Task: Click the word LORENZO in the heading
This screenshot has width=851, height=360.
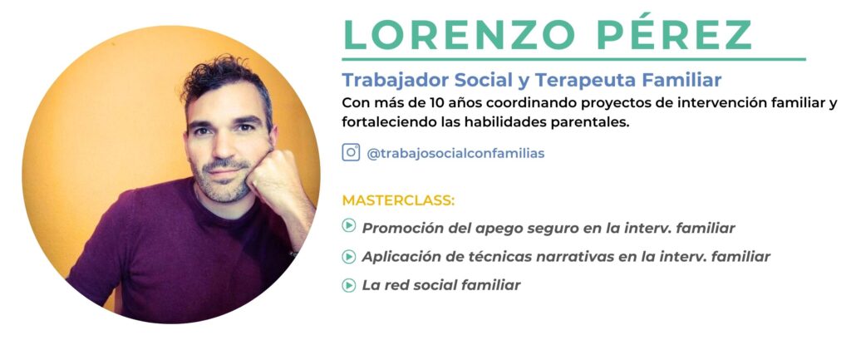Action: (459, 35)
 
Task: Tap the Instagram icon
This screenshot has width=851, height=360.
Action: (351, 153)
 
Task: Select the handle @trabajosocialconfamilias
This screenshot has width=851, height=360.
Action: (455, 154)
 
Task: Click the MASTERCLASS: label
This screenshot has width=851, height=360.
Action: (398, 200)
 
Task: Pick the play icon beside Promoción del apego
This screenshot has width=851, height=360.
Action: (348, 225)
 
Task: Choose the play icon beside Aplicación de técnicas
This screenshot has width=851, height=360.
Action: (348, 256)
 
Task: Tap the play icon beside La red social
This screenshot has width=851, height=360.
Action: (348, 284)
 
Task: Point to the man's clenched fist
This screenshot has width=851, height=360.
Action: (272, 174)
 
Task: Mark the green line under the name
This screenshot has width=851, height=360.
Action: (573, 59)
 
